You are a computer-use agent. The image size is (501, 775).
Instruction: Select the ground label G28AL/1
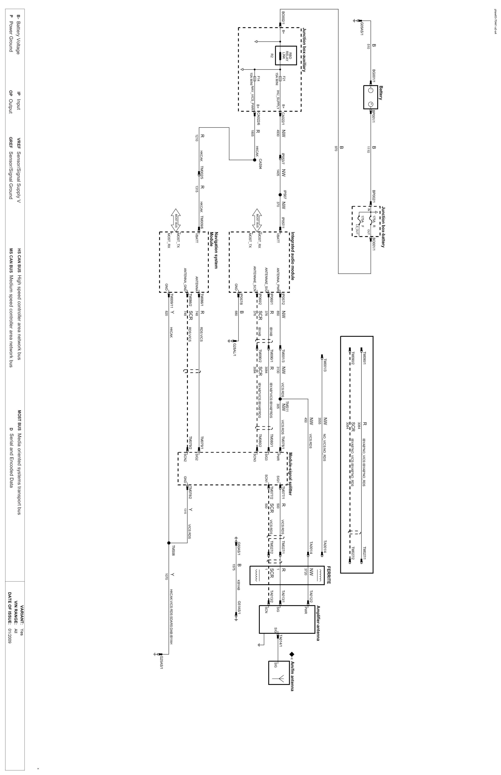pos(235,348)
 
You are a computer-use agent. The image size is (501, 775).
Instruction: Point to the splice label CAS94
pos(260,164)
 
